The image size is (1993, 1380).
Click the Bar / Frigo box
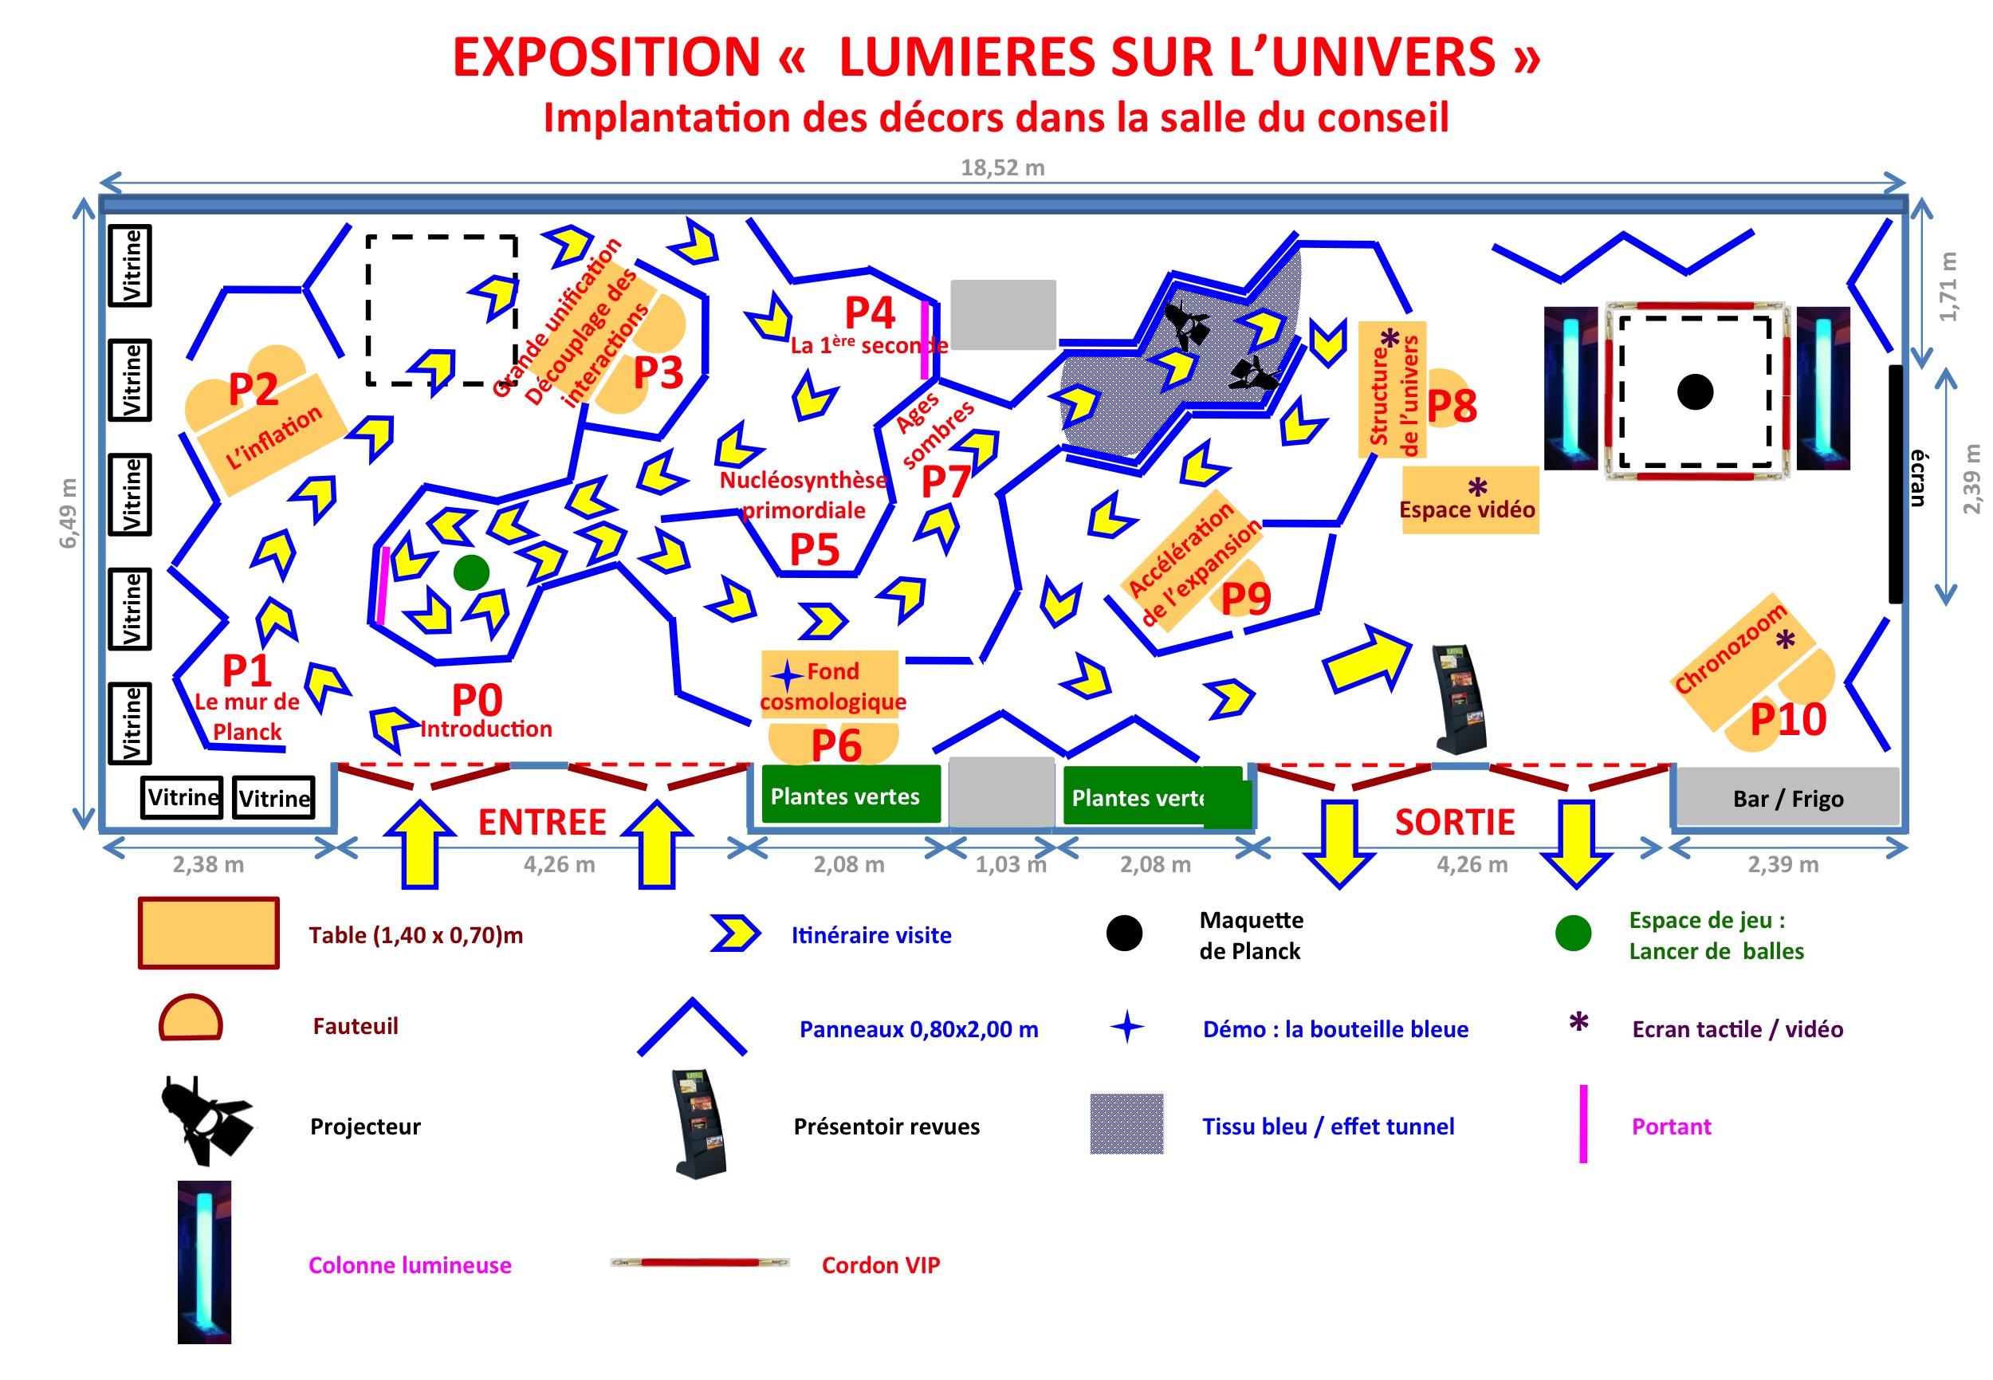pyautogui.click(x=1787, y=797)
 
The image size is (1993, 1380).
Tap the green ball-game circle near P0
pyautogui.click(x=471, y=572)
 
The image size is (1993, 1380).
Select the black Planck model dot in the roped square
pyautogui.click(x=1694, y=391)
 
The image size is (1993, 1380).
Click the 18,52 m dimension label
pyautogui.click(x=1002, y=167)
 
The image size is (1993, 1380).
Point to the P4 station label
pyautogui.click(x=869, y=313)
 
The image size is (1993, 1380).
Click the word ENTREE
pyautogui.click(x=542, y=821)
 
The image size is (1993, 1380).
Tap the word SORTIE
pyautogui.click(x=1454, y=821)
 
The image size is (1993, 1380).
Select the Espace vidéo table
pyautogui.click(x=1469, y=500)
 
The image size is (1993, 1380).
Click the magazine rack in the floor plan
pyautogui.click(x=1460, y=698)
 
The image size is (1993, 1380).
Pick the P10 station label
pyautogui.click(x=1787, y=719)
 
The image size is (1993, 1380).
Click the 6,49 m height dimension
pyautogui.click(x=68, y=513)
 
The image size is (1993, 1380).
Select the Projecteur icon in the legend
pyautogui.click(x=206, y=1121)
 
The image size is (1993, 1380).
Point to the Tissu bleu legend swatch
pyautogui.click(x=1126, y=1123)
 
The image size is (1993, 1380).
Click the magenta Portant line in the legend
pyautogui.click(x=1582, y=1123)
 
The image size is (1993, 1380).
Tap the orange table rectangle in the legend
pyautogui.click(x=208, y=933)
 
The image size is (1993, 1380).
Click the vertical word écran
pyautogui.click(x=1918, y=478)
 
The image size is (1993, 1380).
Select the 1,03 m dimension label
pyautogui.click(x=1010, y=864)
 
